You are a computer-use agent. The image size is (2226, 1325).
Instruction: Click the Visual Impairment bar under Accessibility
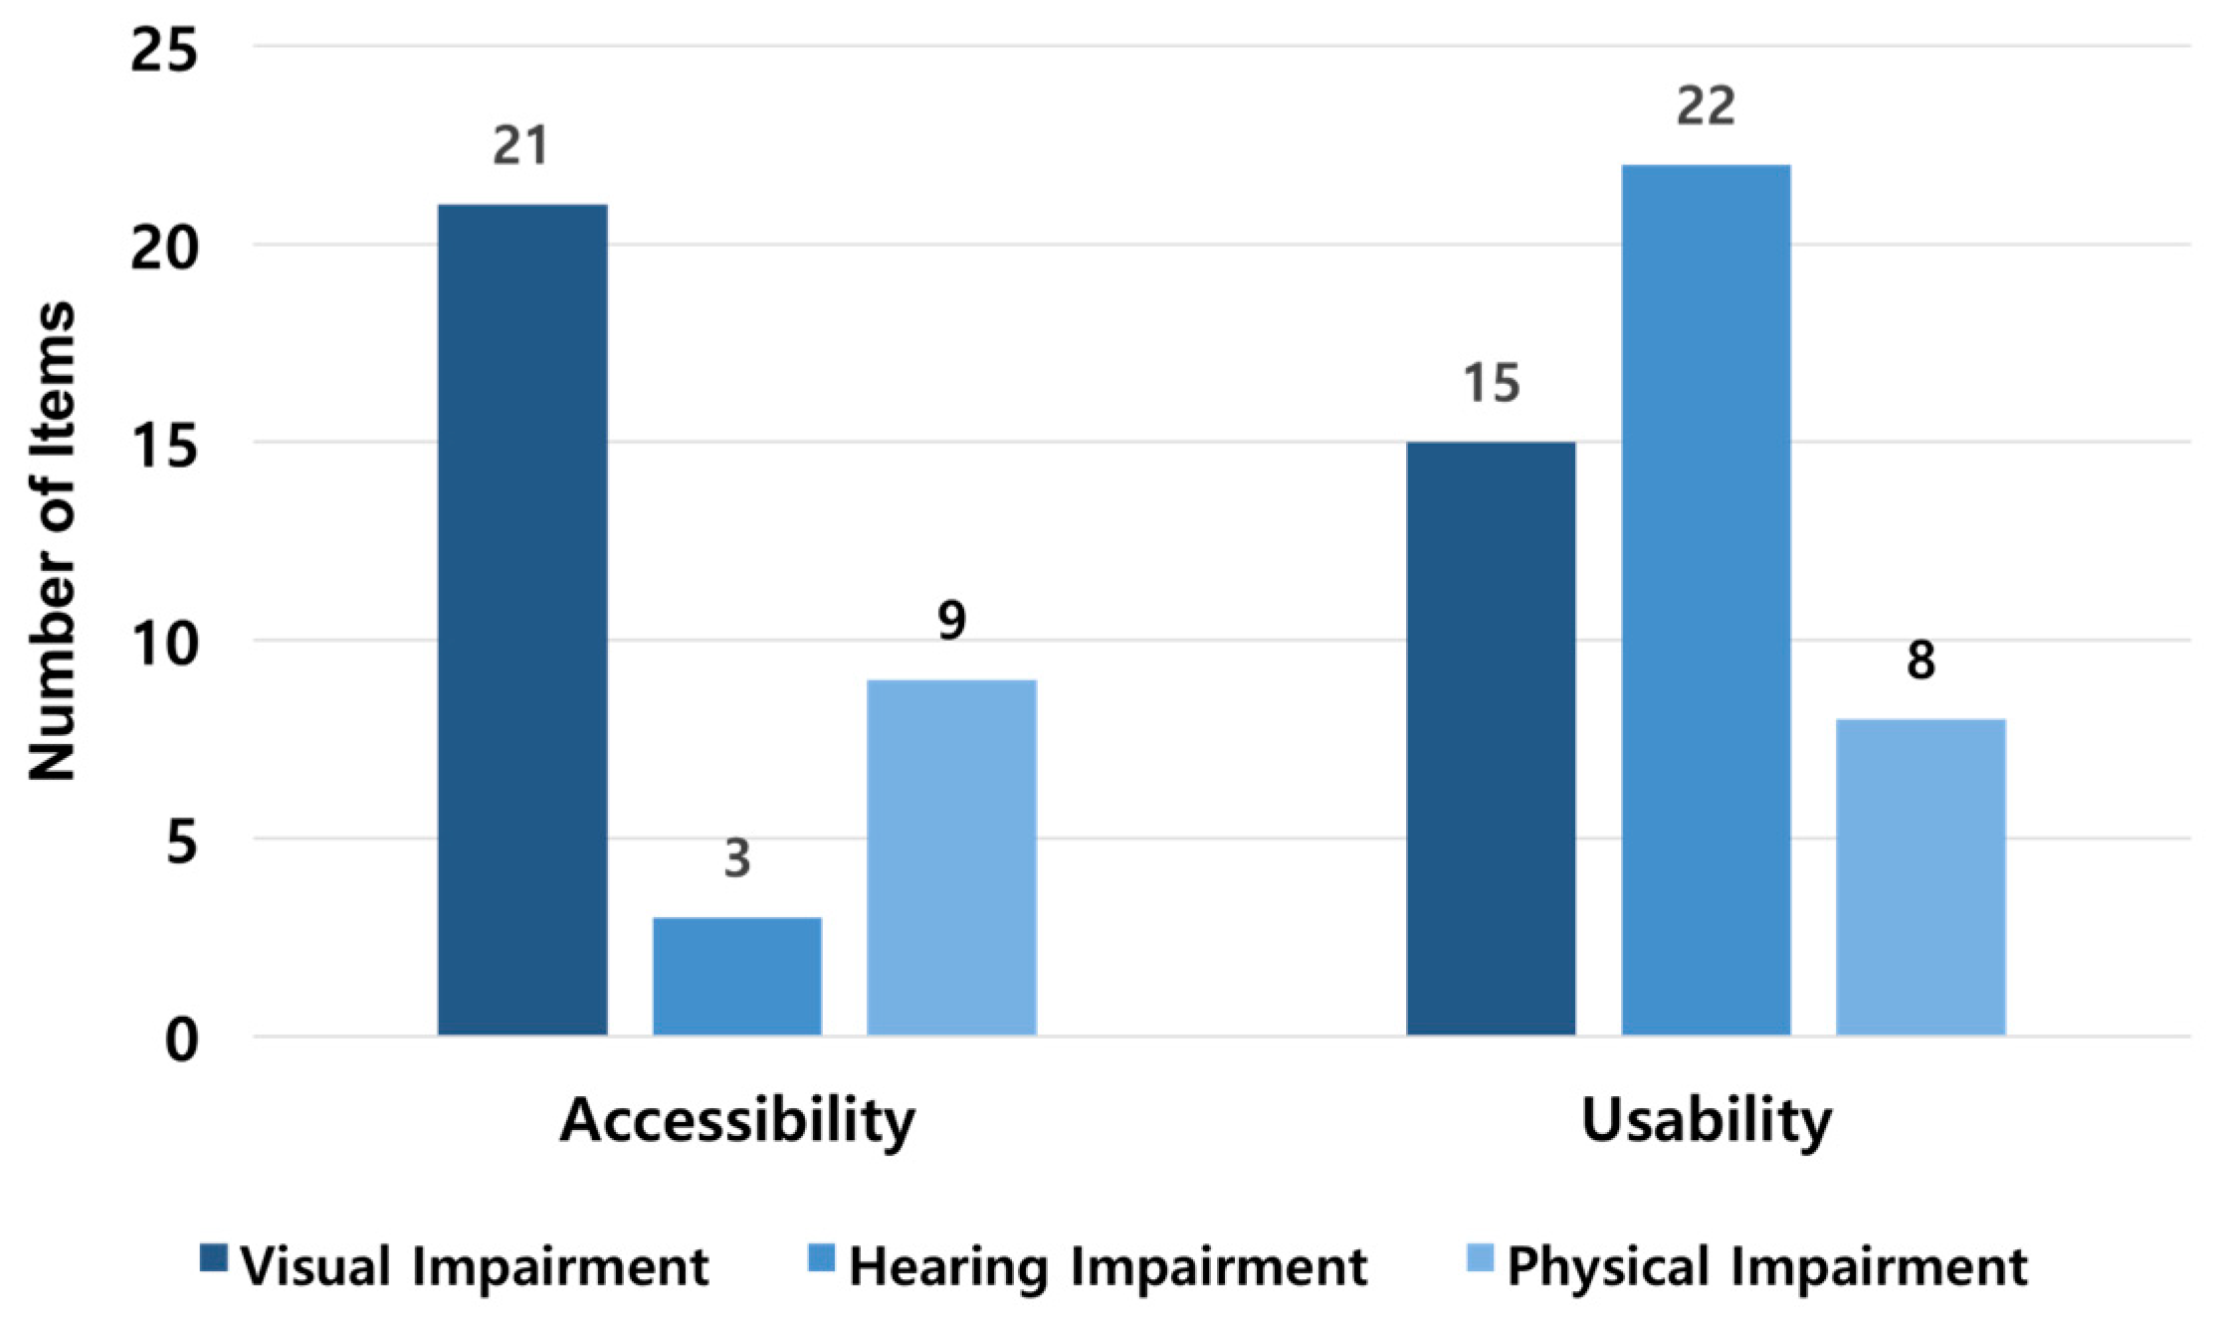coord(522,619)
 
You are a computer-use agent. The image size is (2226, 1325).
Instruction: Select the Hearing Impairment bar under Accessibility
coord(736,976)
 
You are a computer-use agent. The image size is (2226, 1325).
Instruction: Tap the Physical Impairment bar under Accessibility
coord(951,857)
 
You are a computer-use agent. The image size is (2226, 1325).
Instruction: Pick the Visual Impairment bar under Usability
coord(1491,738)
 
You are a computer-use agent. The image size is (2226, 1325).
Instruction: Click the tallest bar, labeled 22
coord(1706,599)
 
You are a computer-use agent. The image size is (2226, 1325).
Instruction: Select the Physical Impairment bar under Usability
coord(1921,876)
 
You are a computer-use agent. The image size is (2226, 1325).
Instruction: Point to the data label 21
coord(520,146)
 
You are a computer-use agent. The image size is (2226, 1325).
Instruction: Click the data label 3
coord(736,858)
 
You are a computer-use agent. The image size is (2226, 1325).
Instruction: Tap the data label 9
coord(951,621)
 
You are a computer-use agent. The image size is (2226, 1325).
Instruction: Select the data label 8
coord(1921,661)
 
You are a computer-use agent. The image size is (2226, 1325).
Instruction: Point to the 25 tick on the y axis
coord(163,49)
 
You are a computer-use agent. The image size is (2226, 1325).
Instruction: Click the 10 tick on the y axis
coord(163,644)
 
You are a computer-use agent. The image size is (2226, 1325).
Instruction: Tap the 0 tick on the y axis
coord(181,1041)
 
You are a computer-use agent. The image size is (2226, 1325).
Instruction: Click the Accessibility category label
coord(736,1122)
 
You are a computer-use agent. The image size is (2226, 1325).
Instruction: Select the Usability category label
coord(1706,1122)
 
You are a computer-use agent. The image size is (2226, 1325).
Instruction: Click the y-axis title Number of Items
coord(52,540)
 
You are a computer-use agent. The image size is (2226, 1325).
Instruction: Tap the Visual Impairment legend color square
coord(213,1258)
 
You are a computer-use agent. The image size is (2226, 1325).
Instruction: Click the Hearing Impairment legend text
coord(1108,1267)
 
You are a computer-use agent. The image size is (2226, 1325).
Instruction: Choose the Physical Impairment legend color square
coord(1481,1258)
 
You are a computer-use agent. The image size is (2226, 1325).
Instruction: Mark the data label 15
coord(1491,383)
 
